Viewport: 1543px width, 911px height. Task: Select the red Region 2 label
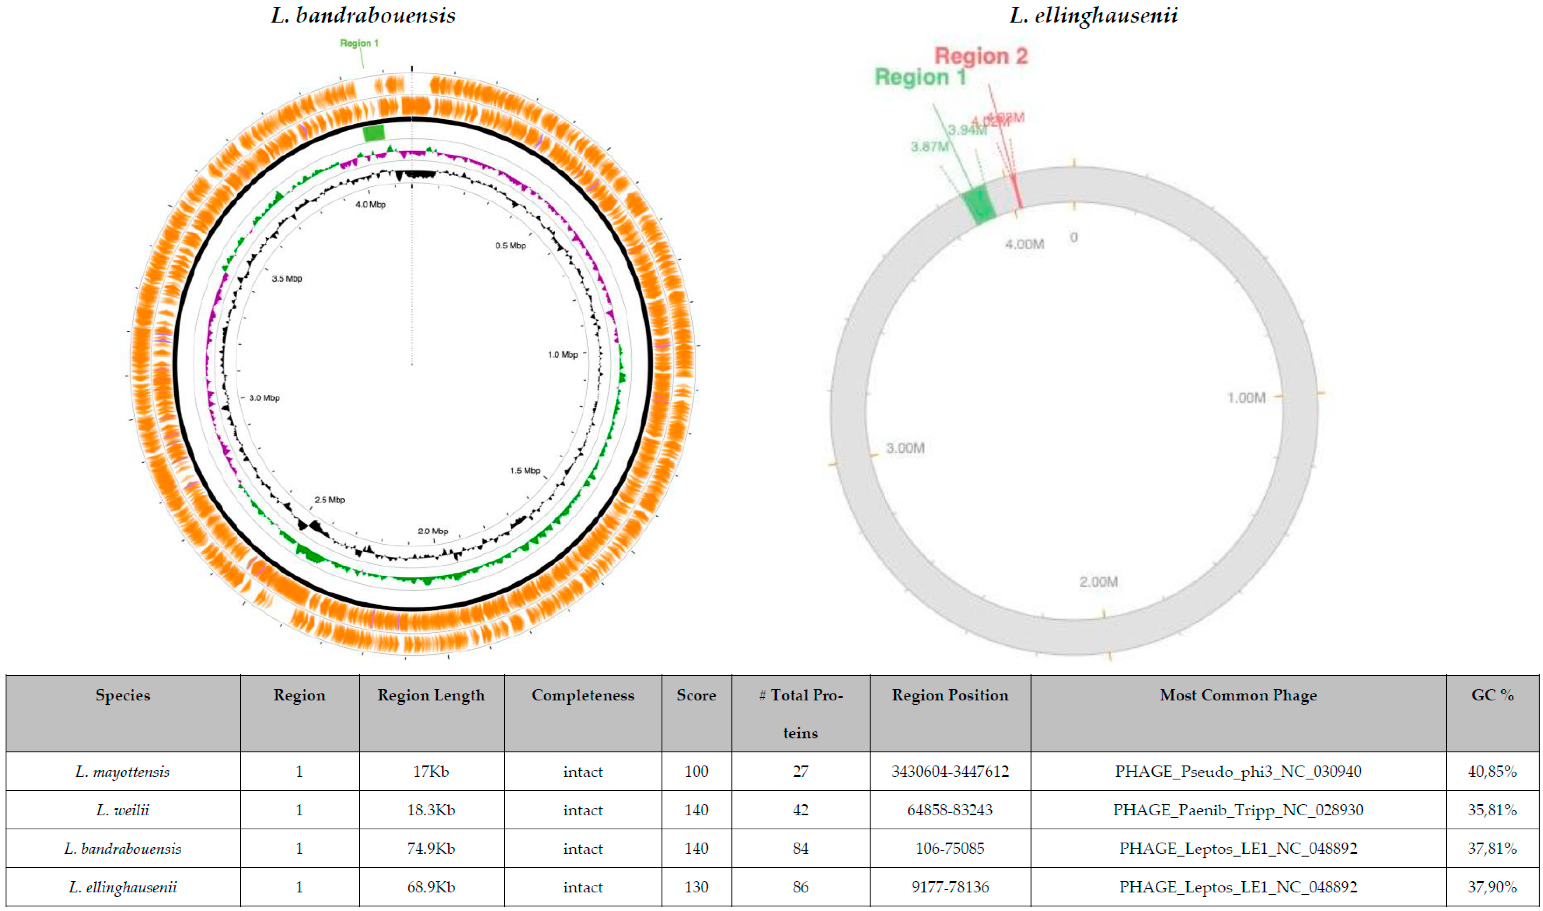point(981,56)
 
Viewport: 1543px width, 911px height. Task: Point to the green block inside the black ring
point(374,133)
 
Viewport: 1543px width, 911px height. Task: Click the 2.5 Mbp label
point(330,500)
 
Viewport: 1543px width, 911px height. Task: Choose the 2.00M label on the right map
point(1099,581)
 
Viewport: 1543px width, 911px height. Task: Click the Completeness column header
point(582,695)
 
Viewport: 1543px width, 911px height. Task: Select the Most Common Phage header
point(1238,695)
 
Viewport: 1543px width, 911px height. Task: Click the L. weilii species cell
point(123,810)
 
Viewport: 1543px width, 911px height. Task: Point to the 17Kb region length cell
point(431,772)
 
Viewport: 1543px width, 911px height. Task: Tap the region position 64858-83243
point(949,810)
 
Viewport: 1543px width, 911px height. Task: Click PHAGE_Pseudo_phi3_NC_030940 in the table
point(1238,772)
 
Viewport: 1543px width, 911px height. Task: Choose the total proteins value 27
point(800,772)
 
